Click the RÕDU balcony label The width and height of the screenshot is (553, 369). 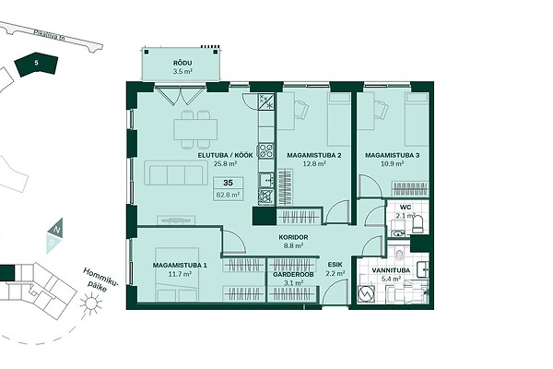tap(182, 64)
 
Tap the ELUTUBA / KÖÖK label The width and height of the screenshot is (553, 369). tap(225, 155)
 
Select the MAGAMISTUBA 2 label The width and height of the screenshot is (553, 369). tap(314, 155)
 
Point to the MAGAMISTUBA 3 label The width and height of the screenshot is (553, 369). tap(393, 155)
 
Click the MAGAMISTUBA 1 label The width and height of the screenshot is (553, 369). tap(180, 265)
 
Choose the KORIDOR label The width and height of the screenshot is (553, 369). tap(293, 238)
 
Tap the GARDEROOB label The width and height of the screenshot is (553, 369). tap(293, 274)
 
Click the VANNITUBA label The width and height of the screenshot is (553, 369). tap(391, 270)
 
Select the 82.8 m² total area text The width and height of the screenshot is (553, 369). tap(228, 195)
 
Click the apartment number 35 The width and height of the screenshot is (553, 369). tap(228, 183)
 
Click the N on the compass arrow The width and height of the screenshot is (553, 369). tap(56, 230)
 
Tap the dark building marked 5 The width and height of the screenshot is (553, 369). tap(36, 65)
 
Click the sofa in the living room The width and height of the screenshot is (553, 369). tap(176, 173)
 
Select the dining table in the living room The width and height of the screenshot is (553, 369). tap(195, 129)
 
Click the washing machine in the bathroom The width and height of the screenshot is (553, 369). tap(365, 293)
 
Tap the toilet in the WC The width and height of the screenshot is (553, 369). tap(418, 224)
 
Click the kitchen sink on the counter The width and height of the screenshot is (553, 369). tap(266, 180)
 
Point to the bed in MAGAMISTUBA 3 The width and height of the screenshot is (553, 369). tap(417, 119)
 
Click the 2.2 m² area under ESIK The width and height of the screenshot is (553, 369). tap(335, 273)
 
